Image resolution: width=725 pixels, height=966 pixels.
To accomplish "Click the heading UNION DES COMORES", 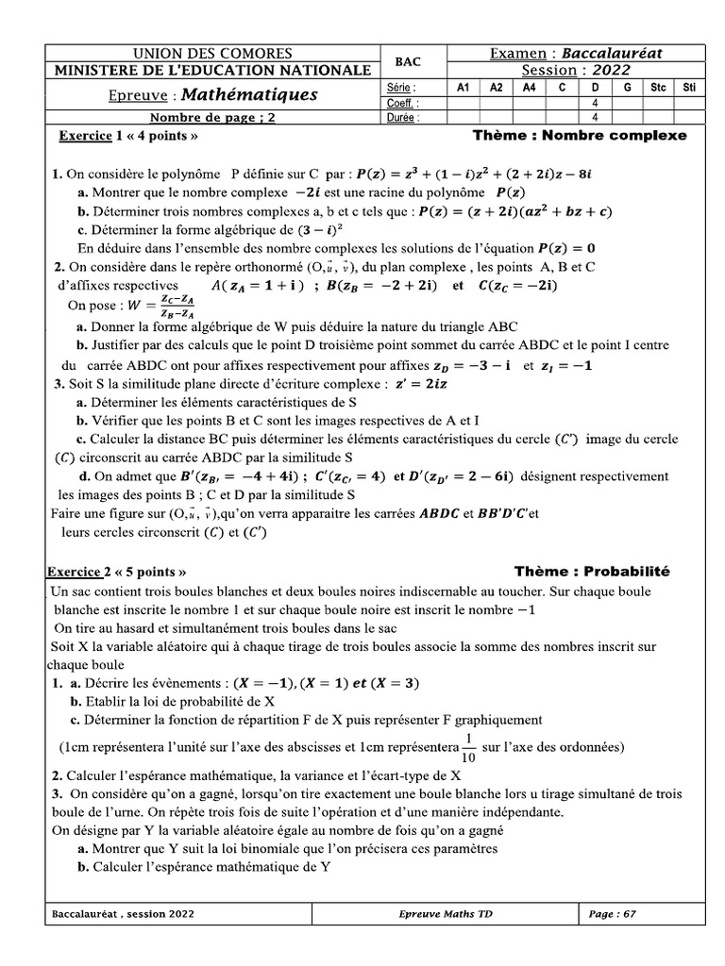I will coord(212,54).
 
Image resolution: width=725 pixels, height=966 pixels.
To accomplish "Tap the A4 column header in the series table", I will coord(529,87).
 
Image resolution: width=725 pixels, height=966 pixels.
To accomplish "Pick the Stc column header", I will coord(658,87).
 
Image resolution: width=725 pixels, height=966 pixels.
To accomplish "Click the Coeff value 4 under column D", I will coord(595,103).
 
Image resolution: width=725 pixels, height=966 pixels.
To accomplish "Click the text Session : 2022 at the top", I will coord(576,70).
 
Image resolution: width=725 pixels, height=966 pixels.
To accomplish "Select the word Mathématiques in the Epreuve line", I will coord(249,95).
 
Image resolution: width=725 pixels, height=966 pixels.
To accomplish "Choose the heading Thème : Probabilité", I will coord(592,572).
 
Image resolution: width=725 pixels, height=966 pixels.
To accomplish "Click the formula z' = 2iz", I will coord(423,384).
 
